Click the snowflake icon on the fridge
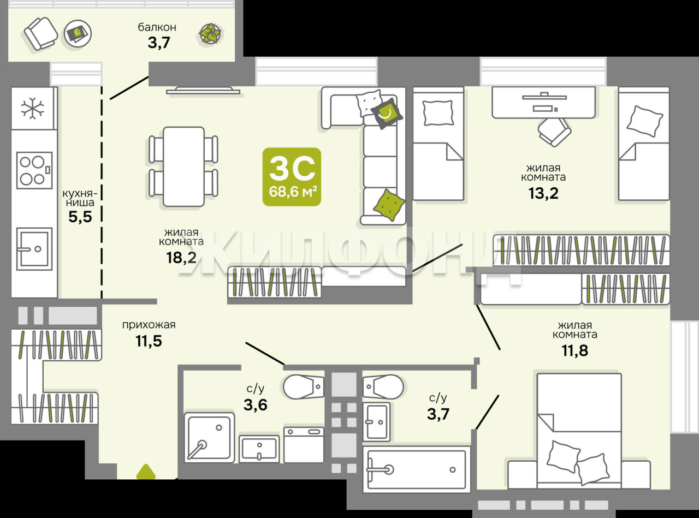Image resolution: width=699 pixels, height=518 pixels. click(x=32, y=109)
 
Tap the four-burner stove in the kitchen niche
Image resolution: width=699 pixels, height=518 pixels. click(x=34, y=170)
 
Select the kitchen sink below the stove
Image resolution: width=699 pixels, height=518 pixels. click(x=34, y=249)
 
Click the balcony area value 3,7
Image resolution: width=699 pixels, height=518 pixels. click(x=159, y=43)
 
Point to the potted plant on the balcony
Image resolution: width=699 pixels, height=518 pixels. click(x=210, y=33)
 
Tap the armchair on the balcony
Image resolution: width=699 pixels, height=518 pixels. click(x=40, y=34)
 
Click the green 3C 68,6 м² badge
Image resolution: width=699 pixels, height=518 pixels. click(x=292, y=177)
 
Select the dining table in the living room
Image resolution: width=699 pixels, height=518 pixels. click(x=183, y=166)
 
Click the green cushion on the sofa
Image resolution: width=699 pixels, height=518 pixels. click(x=389, y=205)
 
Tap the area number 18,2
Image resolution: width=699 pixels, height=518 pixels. click(x=181, y=258)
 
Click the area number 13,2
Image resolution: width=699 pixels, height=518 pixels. click(x=543, y=193)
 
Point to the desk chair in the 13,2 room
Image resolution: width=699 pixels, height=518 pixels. click(x=554, y=132)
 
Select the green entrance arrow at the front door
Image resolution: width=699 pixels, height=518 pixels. click(x=146, y=472)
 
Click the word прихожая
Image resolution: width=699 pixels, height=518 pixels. click(x=149, y=325)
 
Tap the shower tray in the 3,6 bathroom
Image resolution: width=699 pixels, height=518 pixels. click(x=210, y=438)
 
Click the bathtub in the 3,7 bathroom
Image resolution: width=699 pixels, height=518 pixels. click(x=417, y=469)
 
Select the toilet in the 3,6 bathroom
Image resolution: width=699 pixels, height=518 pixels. click(x=304, y=386)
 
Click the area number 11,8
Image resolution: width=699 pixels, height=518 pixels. click(x=575, y=350)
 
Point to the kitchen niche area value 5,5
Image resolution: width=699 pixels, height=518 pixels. click(x=80, y=217)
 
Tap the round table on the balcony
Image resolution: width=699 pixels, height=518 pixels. click(x=78, y=34)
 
